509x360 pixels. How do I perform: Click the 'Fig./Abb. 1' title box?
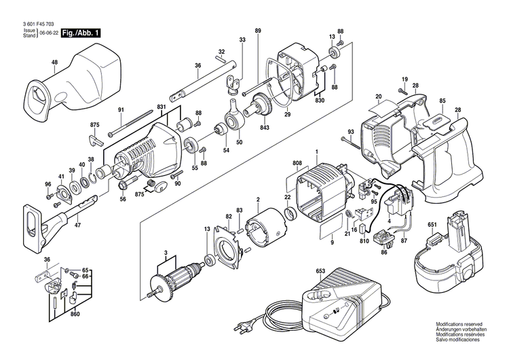(81, 33)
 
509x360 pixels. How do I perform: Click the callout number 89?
(258, 31)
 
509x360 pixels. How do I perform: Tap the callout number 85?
(442, 101)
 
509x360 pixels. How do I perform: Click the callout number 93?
(351, 132)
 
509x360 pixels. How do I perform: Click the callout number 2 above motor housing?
(257, 199)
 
